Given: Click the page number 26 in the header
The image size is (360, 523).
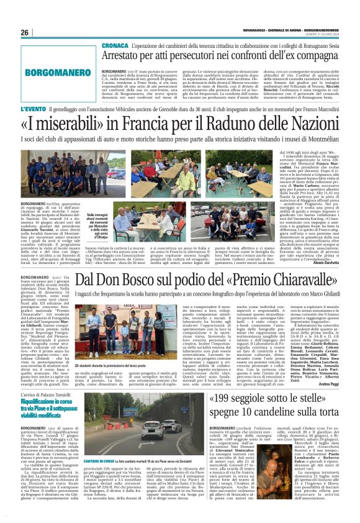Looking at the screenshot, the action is pos(25,33).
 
